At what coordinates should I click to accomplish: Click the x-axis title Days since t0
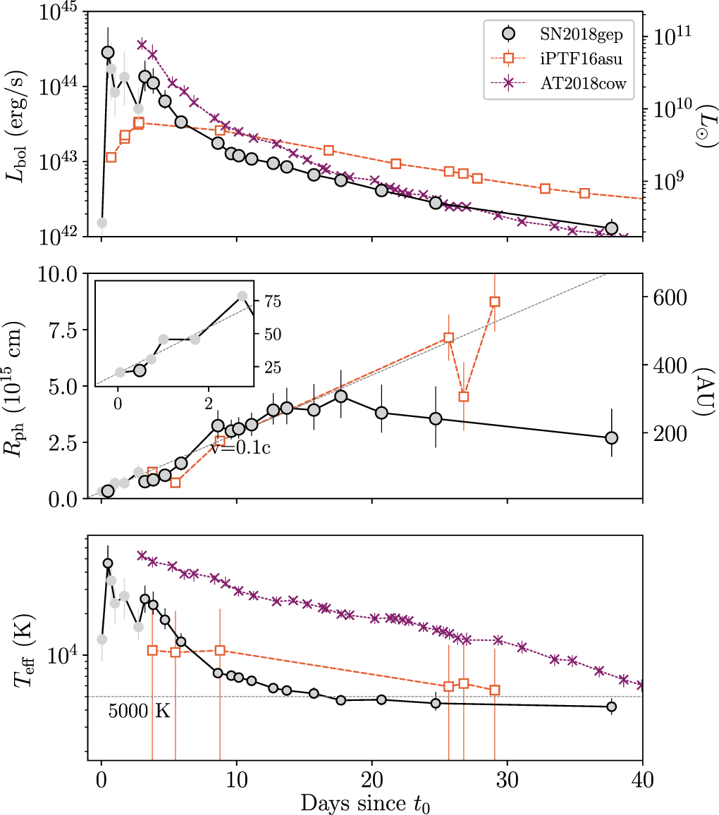(364, 802)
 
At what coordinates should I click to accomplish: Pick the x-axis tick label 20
(372, 779)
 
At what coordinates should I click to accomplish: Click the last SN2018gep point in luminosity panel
(611, 228)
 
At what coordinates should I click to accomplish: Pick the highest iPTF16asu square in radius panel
(495, 301)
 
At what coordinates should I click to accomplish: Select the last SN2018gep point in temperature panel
(611, 707)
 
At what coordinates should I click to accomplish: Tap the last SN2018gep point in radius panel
(611, 437)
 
